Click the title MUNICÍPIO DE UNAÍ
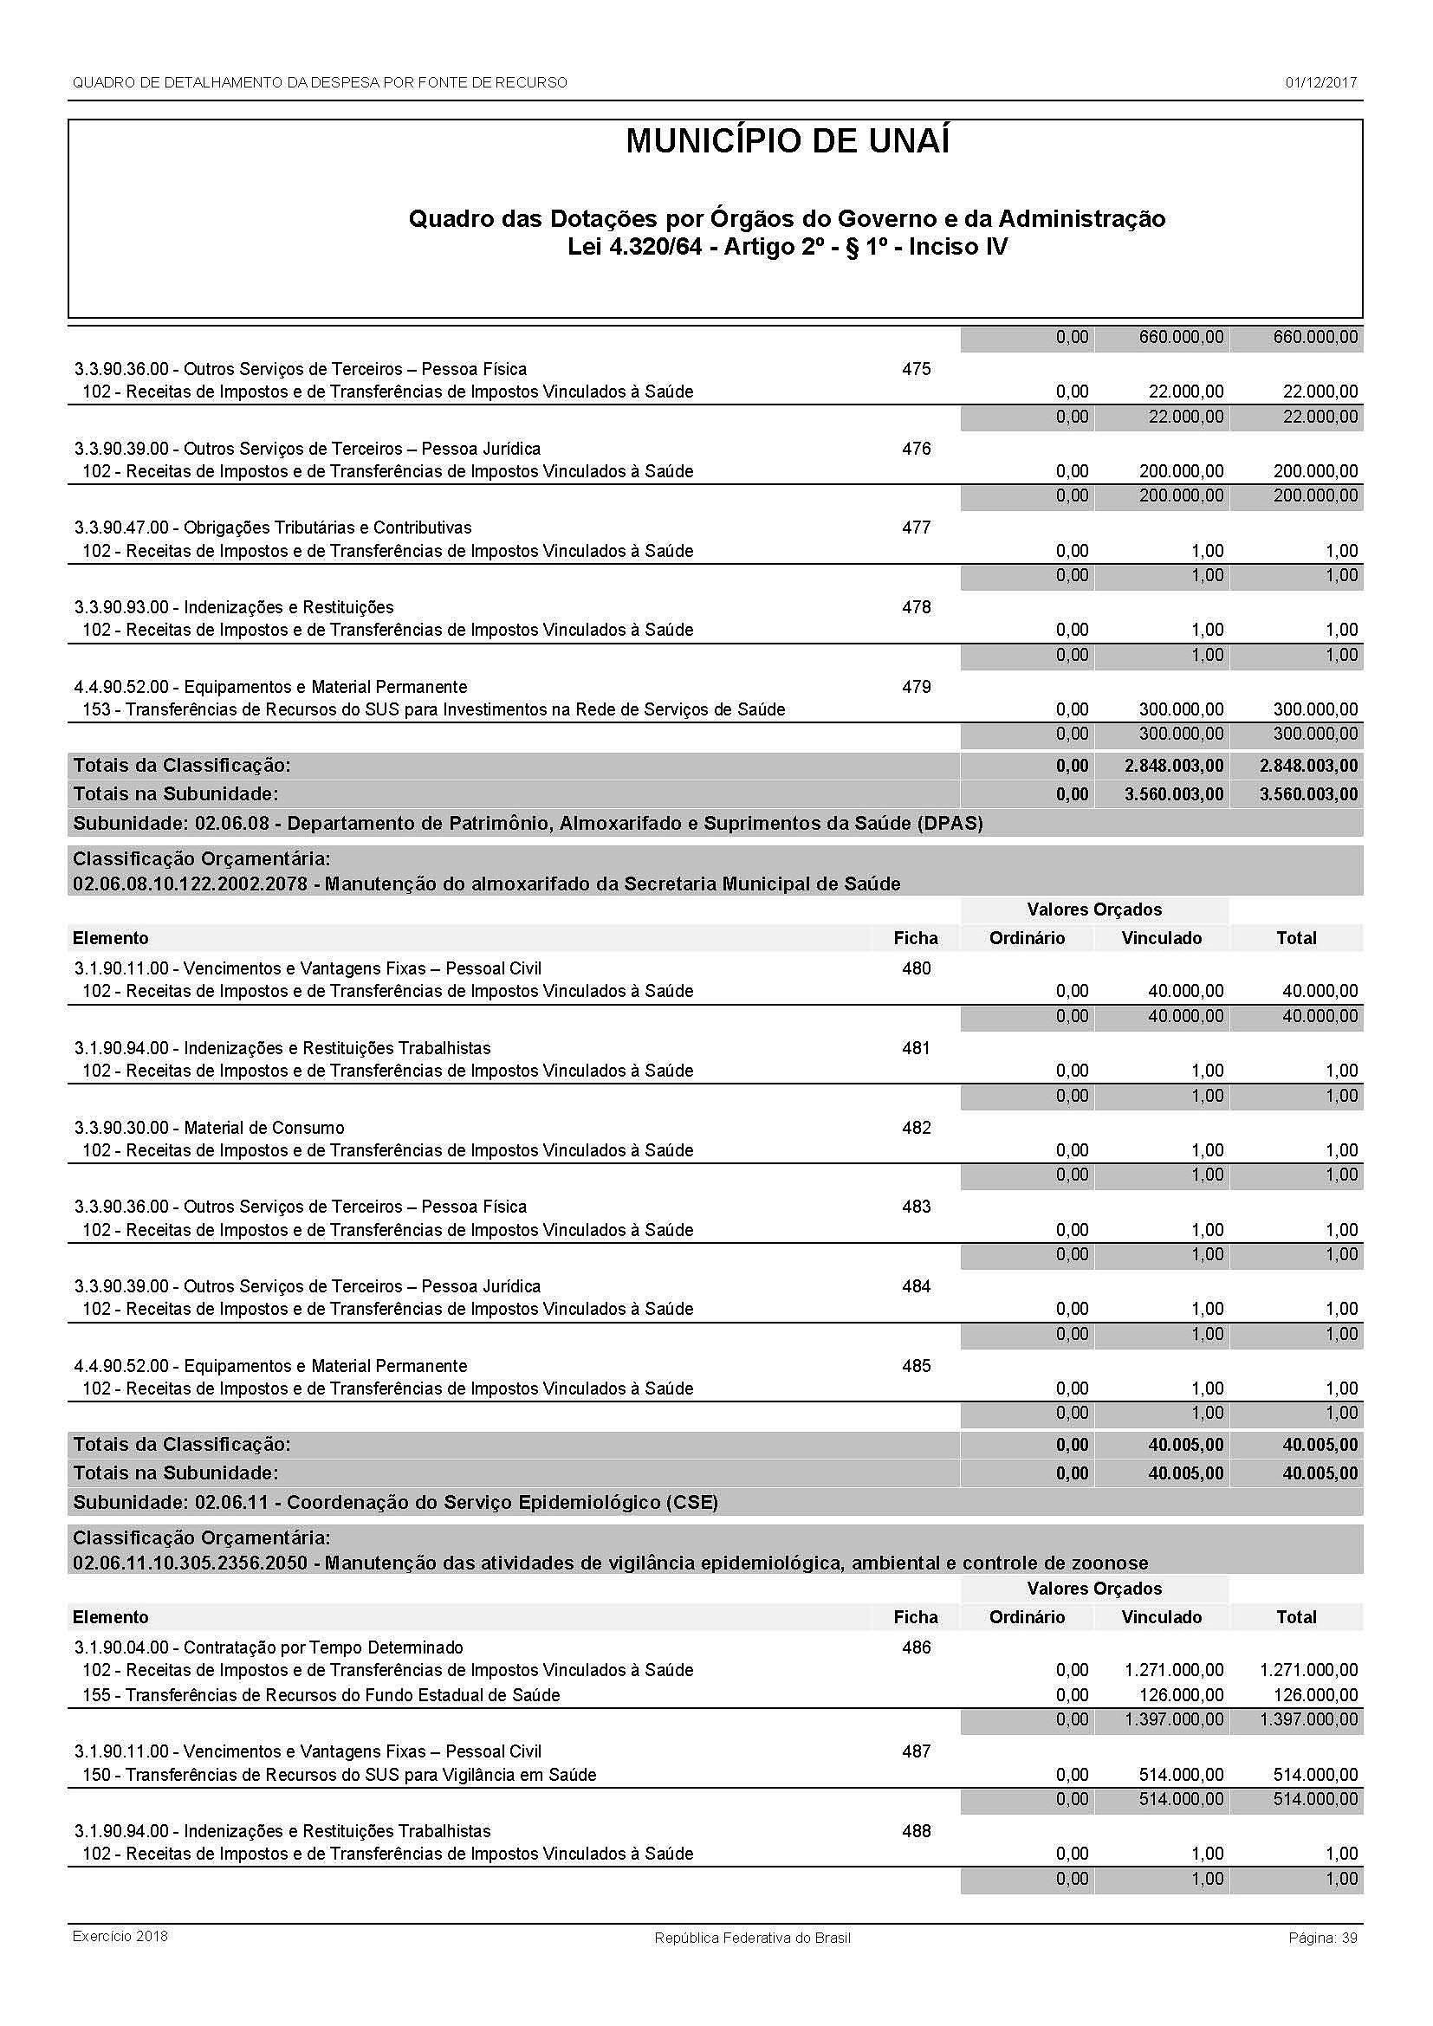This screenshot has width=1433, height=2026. point(787,142)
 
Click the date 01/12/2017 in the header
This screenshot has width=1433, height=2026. point(1321,83)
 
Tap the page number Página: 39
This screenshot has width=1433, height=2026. point(1323,1938)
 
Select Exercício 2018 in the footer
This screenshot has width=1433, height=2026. point(120,1936)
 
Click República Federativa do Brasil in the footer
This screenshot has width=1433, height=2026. point(752,1938)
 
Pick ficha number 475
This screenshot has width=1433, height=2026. point(916,369)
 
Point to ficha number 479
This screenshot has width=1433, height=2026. point(916,687)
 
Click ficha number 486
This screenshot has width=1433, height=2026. point(916,1647)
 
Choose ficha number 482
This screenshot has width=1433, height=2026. point(916,1128)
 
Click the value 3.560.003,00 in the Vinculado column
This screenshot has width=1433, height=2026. point(1174,794)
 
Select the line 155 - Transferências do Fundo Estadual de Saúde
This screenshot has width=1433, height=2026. point(321,1695)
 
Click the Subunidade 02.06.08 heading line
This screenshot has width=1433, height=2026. point(528,823)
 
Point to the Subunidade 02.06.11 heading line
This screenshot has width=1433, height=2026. point(395,1503)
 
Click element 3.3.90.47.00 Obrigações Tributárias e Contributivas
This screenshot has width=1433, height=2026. point(273,528)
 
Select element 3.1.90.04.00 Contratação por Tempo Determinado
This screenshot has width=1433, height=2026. point(269,1647)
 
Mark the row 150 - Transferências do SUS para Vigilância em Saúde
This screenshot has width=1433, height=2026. point(339,1775)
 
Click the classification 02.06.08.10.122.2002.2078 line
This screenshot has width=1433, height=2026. point(486,884)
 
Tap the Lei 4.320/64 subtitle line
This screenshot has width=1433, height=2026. point(787,246)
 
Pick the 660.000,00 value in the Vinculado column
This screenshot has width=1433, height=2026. point(1181,337)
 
